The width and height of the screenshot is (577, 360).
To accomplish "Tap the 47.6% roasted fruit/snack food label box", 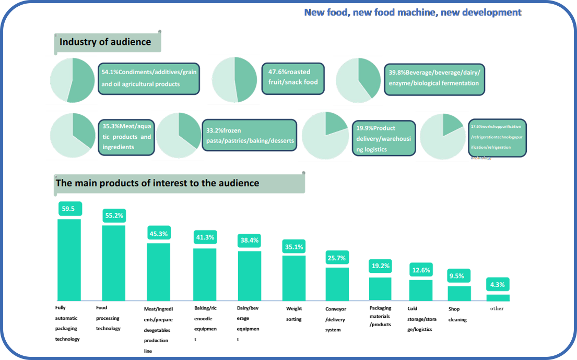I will click(x=292, y=78).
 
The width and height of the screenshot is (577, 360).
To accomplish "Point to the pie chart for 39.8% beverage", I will click(x=358, y=80).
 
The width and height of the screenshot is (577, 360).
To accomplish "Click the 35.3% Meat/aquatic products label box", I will click(x=126, y=137).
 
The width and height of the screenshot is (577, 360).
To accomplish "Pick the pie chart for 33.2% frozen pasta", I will click(x=179, y=136).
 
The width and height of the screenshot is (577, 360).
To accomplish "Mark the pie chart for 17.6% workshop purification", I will click(x=443, y=136).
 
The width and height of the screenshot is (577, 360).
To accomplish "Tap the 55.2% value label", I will click(x=114, y=215).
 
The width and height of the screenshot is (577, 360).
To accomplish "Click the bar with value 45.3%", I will click(x=158, y=272).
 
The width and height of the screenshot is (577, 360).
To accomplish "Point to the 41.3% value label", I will click(x=205, y=237).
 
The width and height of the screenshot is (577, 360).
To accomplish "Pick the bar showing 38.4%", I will click(x=250, y=276).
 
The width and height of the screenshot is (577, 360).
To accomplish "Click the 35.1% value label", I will click(x=294, y=247).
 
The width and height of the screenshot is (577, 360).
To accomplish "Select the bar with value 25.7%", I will click(x=337, y=284).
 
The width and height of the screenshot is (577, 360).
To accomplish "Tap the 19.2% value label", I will click(x=380, y=266).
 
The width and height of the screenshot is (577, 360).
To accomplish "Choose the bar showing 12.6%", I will click(x=421, y=290).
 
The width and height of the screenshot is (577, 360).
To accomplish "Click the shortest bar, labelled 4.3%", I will click(x=498, y=298).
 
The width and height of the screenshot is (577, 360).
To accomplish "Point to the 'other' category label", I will click(x=497, y=308).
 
